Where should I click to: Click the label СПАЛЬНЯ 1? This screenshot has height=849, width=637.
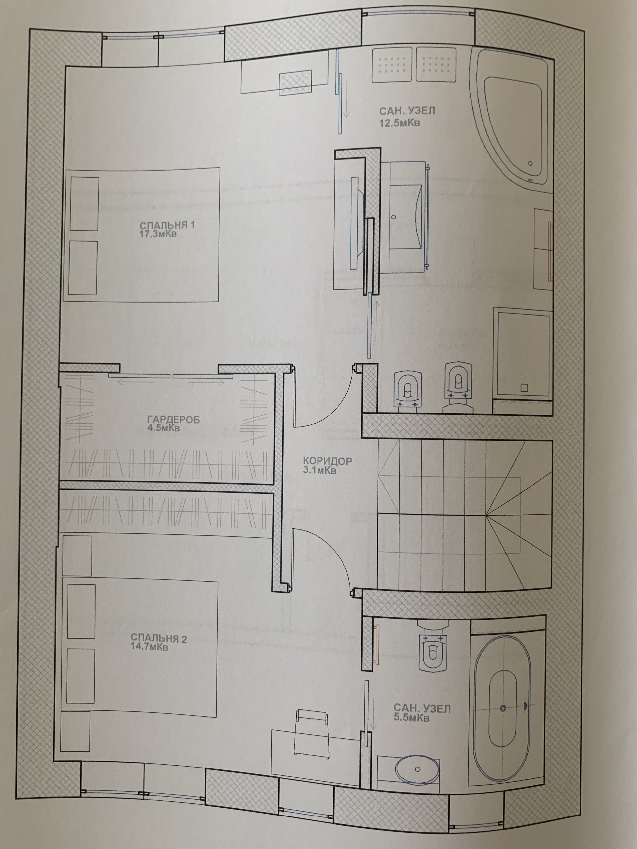point(167,225)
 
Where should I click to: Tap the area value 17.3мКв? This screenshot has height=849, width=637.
point(158,234)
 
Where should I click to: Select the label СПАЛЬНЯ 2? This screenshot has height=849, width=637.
point(159,638)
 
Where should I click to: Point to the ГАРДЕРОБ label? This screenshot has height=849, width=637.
point(174,420)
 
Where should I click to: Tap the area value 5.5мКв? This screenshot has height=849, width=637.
point(411,718)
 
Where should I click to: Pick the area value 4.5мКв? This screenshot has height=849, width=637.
point(163,428)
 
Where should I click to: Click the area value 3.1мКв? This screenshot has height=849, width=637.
point(319,470)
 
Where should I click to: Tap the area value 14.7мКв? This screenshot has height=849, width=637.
point(149,647)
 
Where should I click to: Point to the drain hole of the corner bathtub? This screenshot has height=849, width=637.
point(530,163)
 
